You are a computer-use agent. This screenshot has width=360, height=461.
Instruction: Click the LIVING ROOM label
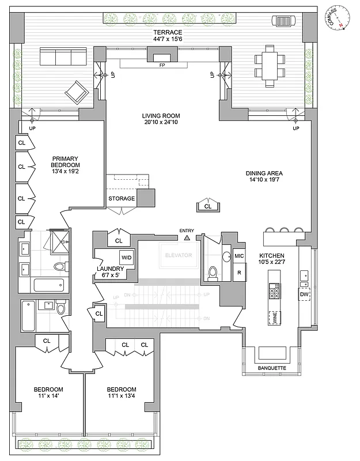coord(162,115)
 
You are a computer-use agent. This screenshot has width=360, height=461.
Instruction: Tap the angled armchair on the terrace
coord(75,91)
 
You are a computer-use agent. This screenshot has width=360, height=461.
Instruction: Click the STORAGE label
coord(122,199)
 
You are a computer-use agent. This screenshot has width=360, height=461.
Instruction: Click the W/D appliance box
coord(126,257)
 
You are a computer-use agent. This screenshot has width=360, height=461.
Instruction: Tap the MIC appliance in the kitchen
coord(238,255)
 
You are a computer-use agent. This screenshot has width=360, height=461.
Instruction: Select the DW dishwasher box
coord(304,295)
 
